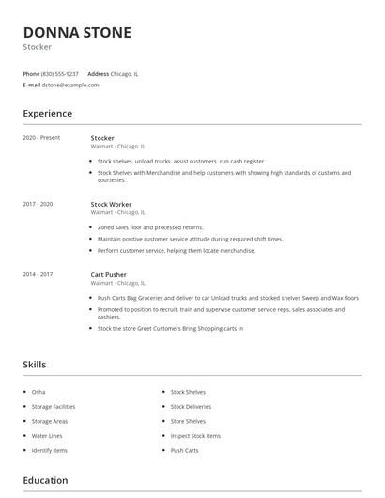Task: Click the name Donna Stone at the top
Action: pyautogui.click(x=77, y=32)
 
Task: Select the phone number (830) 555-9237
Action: pyautogui.click(x=60, y=73)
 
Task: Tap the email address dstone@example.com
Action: pyautogui.click(x=70, y=85)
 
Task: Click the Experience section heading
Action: pyautogui.click(x=48, y=114)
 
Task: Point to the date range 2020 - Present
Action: pyautogui.click(x=41, y=138)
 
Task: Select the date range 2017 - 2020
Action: pyautogui.click(x=38, y=204)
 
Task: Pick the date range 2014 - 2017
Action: pyautogui.click(x=38, y=274)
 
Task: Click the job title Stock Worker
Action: pyautogui.click(x=111, y=204)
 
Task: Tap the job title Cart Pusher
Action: pyautogui.click(x=108, y=274)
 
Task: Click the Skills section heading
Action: pyautogui.click(x=35, y=365)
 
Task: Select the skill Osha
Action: pyautogui.click(x=38, y=392)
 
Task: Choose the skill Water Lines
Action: pyautogui.click(x=46, y=436)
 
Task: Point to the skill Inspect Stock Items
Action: pyautogui.click(x=195, y=436)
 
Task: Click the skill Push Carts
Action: pyautogui.click(x=184, y=451)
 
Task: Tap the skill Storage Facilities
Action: pyautogui.click(x=54, y=407)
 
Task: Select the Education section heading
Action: pyautogui.click(x=45, y=481)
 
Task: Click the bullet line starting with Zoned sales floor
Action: pyautogui.click(x=150, y=227)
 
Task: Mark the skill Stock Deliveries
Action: pyautogui.click(x=192, y=407)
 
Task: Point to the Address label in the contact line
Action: pyautogui.click(x=98, y=73)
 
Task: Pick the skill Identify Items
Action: pyautogui.click(x=50, y=451)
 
